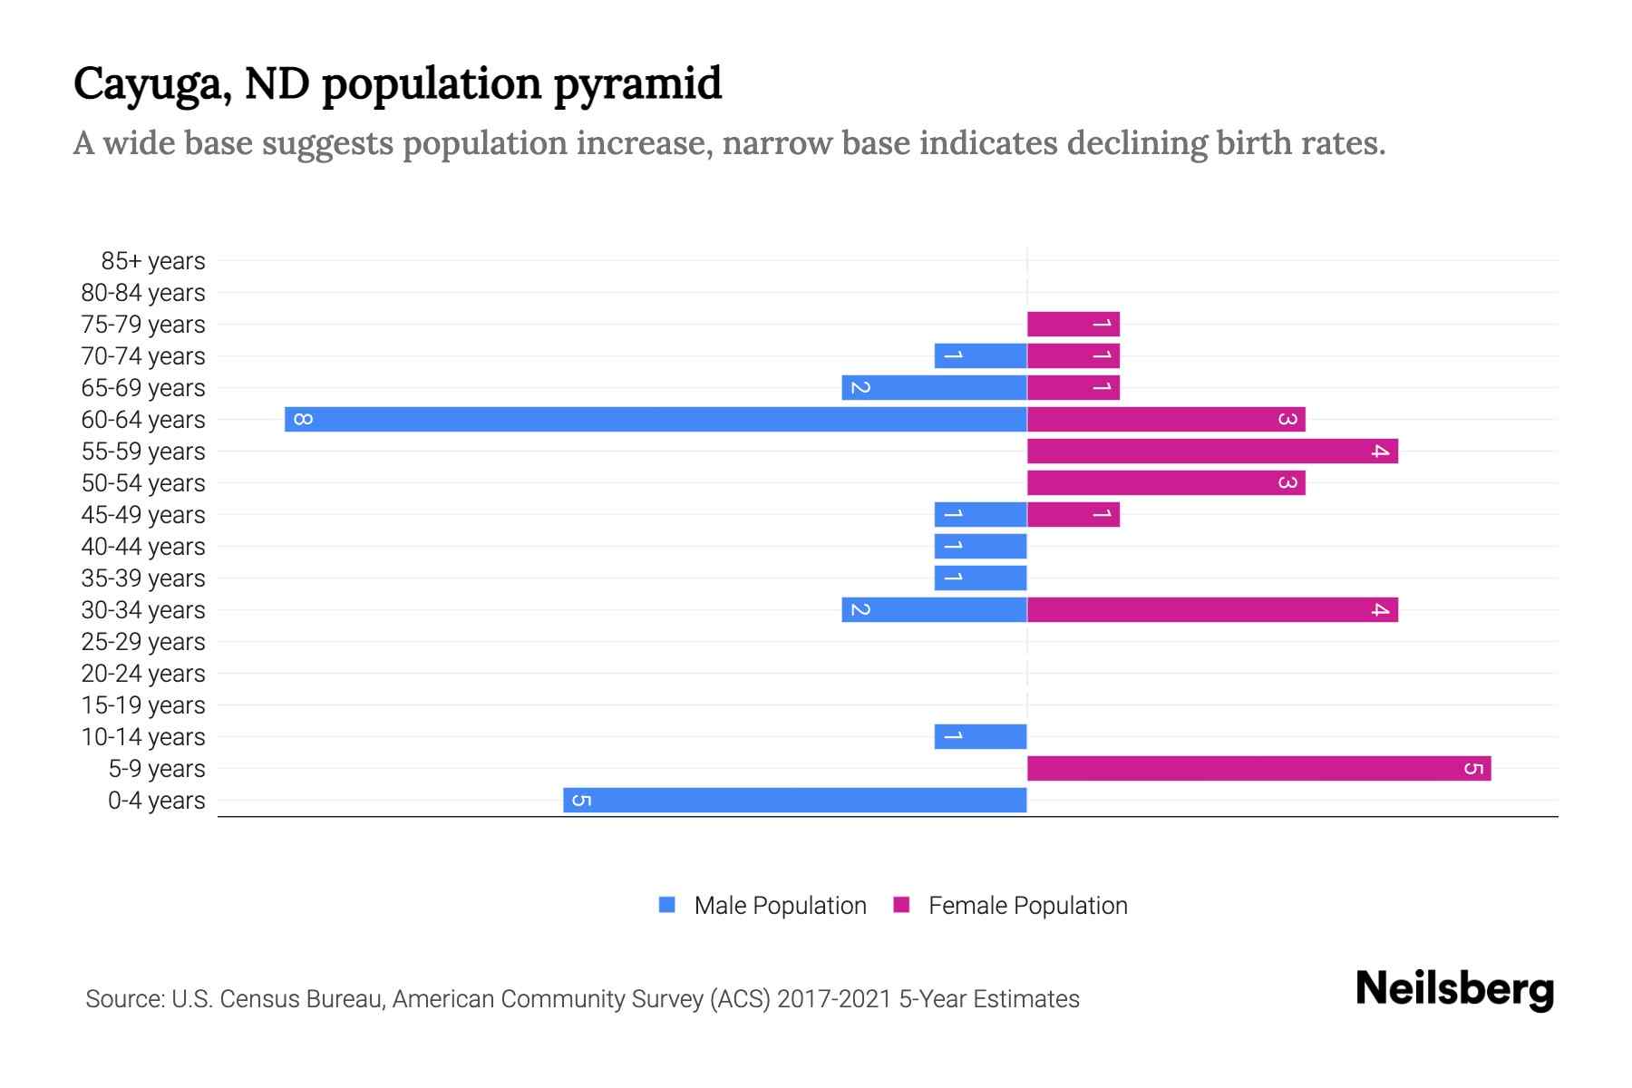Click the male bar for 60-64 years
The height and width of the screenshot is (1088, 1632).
(x=656, y=419)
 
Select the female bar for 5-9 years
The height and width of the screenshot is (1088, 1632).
(x=1258, y=768)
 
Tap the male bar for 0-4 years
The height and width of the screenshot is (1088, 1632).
(x=794, y=800)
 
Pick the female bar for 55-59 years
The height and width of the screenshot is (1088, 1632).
(x=1212, y=451)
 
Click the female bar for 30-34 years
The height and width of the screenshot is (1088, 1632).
(x=1212, y=609)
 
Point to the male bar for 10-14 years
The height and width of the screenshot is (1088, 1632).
(x=980, y=736)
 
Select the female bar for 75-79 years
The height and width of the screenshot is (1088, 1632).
(x=1073, y=324)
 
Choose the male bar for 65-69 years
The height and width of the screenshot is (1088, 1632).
(x=934, y=387)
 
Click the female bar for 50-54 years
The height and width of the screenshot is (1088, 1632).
(x=1166, y=482)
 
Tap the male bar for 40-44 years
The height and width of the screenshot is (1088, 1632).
(x=980, y=546)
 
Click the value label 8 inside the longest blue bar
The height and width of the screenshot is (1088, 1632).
(x=304, y=419)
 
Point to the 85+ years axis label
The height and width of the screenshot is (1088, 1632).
(x=152, y=261)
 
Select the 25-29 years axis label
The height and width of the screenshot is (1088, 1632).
(x=143, y=642)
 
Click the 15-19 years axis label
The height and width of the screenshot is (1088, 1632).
(x=143, y=705)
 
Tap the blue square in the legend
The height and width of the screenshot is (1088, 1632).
(x=667, y=905)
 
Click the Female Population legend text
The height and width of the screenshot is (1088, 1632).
(x=1027, y=906)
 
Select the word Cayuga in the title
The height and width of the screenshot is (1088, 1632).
(x=148, y=85)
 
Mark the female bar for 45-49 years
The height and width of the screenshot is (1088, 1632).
(x=1073, y=514)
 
